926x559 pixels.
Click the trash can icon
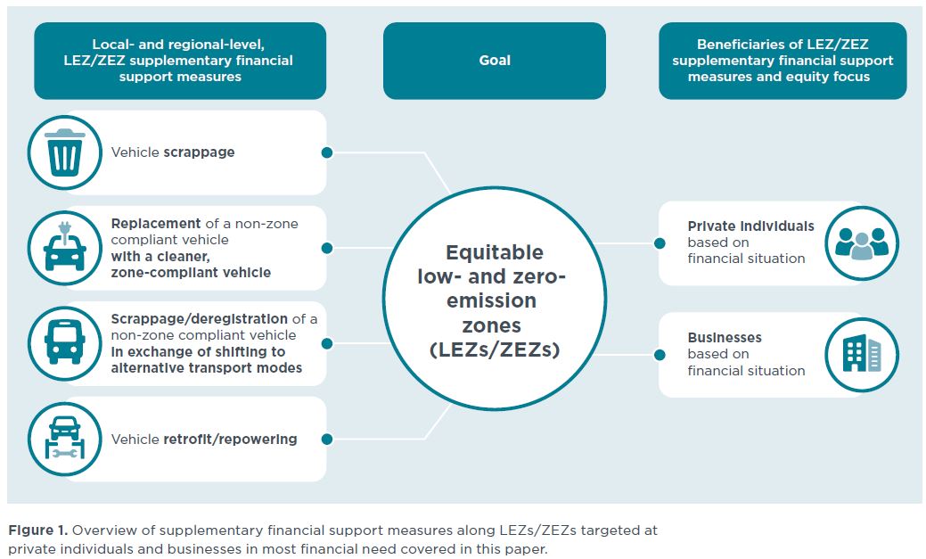pyautogui.click(x=65, y=152)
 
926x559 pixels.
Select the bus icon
pyautogui.click(x=65, y=342)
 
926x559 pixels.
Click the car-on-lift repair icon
pyautogui.click(x=65, y=438)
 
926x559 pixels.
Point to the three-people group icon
pyautogui.click(x=862, y=243)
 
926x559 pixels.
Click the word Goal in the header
pyautogui.click(x=495, y=61)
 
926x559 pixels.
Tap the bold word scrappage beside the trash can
pyautogui.click(x=199, y=152)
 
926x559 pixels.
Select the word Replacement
pyautogui.click(x=156, y=224)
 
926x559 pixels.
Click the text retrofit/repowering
pyautogui.click(x=230, y=439)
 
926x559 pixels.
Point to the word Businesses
pyautogui.click(x=725, y=337)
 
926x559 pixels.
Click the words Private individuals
pyautogui.click(x=750, y=226)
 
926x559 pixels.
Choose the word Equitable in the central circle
pyautogui.click(x=495, y=252)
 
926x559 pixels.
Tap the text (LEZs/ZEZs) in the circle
pyautogui.click(x=495, y=349)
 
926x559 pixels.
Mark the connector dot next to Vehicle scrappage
pyautogui.click(x=326, y=152)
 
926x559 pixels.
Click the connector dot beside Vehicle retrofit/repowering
pyautogui.click(x=326, y=439)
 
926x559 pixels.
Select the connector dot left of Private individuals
pyautogui.click(x=660, y=243)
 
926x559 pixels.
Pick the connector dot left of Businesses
pyautogui.click(x=660, y=355)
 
